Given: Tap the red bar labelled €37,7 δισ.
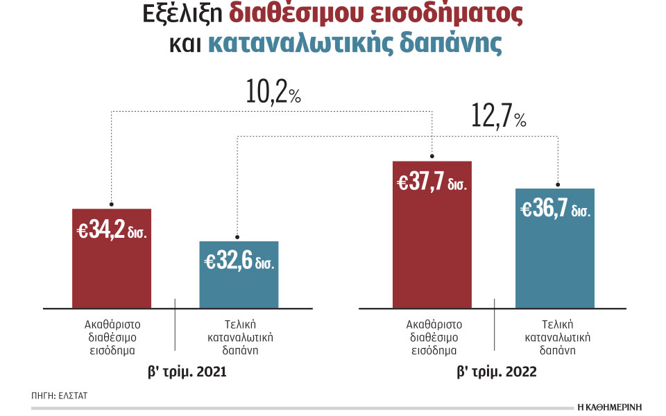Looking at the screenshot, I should pyautogui.click(x=432, y=250).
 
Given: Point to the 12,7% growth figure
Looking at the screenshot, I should pyautogui.click(x=498, y=117).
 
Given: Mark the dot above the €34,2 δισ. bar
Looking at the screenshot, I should pyautogui.click(x=112, y=201).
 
